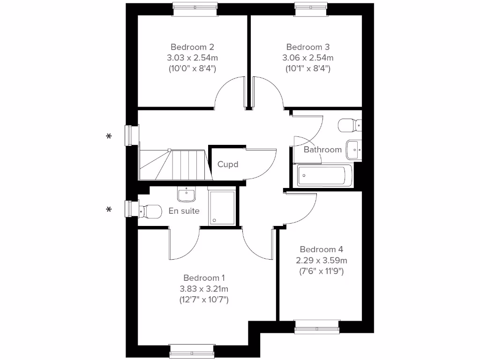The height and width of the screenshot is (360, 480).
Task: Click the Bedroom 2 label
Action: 192,47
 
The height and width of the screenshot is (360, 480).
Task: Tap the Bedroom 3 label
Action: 308,47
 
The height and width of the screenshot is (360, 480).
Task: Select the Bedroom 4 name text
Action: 321,249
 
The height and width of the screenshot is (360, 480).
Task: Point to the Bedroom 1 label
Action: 204,277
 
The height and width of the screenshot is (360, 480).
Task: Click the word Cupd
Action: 228,165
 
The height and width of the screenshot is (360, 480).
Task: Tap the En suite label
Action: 184,211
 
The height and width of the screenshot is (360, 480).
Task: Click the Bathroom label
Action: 322,150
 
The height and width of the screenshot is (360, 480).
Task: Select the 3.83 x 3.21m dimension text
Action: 204,289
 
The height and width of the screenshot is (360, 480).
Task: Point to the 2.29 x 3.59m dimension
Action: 321,261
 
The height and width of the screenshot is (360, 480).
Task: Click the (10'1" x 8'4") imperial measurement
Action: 308,68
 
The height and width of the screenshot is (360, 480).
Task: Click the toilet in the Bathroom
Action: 350,125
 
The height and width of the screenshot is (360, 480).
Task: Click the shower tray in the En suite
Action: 222,207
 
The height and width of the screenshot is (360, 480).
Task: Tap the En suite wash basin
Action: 187,194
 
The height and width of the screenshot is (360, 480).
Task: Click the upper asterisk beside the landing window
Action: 109,136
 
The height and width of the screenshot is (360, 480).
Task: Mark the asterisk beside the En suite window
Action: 109,210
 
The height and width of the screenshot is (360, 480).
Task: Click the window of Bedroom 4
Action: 316,327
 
